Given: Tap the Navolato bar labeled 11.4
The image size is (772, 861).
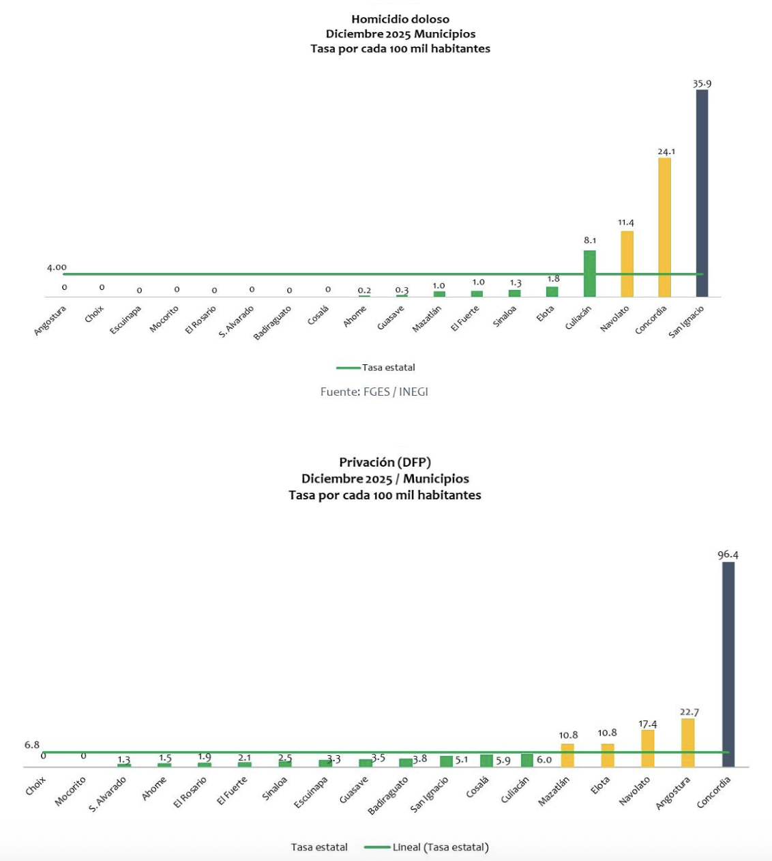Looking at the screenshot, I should (627, 264).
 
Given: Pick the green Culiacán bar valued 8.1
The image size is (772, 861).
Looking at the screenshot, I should (589, 274).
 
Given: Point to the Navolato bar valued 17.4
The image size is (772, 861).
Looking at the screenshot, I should (648, 748).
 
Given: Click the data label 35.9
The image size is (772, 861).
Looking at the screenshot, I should (702, 84).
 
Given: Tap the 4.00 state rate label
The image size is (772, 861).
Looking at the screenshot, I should (57, 267).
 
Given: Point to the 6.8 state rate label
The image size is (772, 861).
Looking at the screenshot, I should (32, 745).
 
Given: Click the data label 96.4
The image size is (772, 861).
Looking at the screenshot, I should (728, 555).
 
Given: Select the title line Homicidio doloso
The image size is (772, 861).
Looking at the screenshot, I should (400, 19).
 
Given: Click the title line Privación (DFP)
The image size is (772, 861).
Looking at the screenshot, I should (385, 463).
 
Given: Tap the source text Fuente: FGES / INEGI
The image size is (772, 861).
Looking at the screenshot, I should (374, 392).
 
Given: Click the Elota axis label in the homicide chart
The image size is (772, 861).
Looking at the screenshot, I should (546, 314).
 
